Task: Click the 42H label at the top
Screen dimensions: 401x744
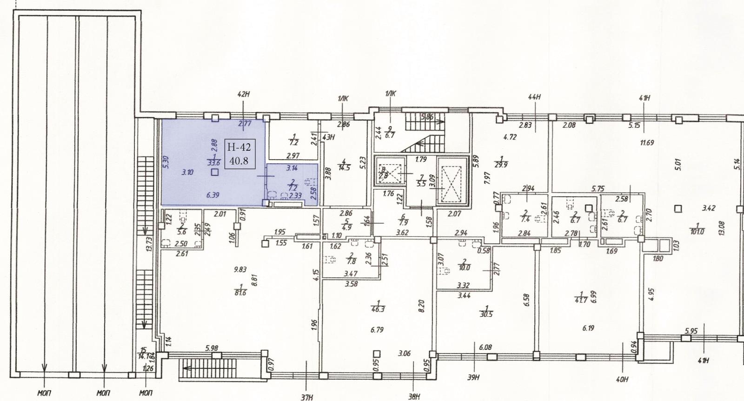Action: click(x=244, y=94)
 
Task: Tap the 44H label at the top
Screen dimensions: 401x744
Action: click(x=535, y=97)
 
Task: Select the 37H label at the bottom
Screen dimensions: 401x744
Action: click(x=307, y=397)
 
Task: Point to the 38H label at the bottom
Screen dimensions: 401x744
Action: click(x=414, y=397)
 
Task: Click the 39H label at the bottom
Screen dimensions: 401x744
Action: click(x=473, y=378)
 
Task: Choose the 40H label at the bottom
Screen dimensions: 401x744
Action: click(x=622, y=379)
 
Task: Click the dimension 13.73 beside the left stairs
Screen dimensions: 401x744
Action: click(x=149, y=244)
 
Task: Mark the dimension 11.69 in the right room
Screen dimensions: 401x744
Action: click(x=647, y=143)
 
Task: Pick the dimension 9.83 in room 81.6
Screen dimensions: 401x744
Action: click(x=240, y=269)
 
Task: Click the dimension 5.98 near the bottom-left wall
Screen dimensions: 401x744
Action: click(x=212, y=348)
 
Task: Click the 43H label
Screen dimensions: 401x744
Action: click(x=329, y=137)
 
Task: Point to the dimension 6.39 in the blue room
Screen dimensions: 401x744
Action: click(x=213, y=195)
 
